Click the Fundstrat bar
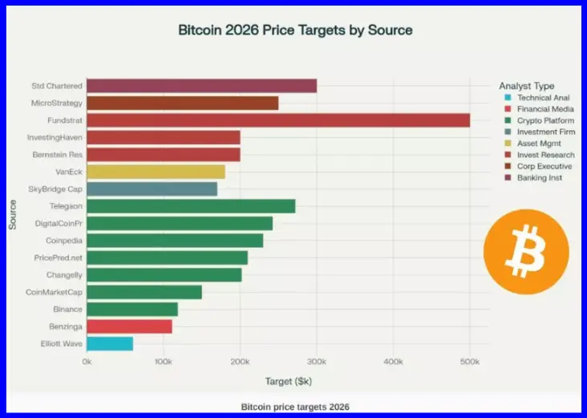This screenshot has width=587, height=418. [x=277, y=120]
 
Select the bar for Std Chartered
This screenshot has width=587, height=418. [x=201, y=86]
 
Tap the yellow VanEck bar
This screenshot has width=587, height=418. [x=156, y=172]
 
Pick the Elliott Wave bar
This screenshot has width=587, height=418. [x=110, y=343]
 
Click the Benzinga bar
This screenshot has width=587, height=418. [x=129, y=327]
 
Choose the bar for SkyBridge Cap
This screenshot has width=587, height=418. [x=152, y=189]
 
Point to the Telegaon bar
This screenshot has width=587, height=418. [x=191, y=206]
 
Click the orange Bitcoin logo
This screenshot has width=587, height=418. [x=526, y=252]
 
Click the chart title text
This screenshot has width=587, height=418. [x=295, y=30]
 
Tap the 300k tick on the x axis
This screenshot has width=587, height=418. [x=316, y=362]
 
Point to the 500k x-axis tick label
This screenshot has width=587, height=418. [x=470, y=362]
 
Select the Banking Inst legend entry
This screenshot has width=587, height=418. [x=539, y=177]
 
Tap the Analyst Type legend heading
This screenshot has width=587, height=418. [x=526, y=86]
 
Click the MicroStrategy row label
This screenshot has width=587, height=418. [x=56, y=103]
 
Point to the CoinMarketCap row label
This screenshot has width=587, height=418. [x=55, y=292]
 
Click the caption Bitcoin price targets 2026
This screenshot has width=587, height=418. [x=295, y=406]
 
